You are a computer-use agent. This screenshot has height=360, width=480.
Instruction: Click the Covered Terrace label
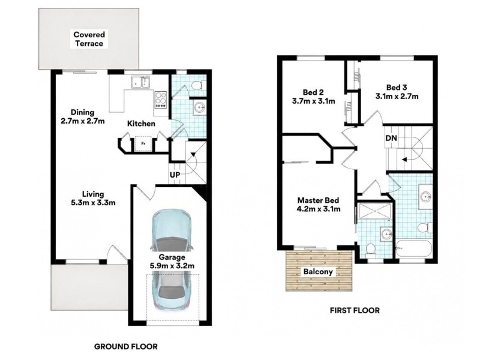(x=89, y=39)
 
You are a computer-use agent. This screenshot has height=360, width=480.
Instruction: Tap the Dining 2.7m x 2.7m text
(x=83, y=116)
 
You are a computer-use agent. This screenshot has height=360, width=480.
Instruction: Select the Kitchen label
(x=141, y=124)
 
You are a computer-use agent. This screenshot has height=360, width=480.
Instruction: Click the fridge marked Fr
(x=143, y=143)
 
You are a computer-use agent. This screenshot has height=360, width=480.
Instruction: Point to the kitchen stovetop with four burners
(x=160, y=100)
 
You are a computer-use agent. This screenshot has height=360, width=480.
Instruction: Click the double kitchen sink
(x=140, y=82)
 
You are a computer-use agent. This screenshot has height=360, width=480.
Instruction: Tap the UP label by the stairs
(x=175, y=175)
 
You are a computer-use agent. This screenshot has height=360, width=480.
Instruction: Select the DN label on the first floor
(x=391, y=138)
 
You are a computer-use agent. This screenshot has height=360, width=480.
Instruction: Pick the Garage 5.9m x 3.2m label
(x=172, y=262)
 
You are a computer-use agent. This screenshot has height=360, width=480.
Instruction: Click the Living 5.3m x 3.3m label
(x=93, y=198)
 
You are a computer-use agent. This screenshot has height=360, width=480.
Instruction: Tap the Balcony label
(x=318, y=272)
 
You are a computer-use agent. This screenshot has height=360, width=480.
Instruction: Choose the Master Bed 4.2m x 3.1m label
(x=319, y=205)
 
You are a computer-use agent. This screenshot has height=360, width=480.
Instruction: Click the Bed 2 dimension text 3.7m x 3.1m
(x=313, y=101)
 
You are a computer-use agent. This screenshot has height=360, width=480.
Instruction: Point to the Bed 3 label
(x=397, y=88)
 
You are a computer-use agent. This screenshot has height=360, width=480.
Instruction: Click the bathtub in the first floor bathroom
(x=413, y=249)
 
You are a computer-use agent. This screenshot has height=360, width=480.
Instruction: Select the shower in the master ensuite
(x=374, y=212)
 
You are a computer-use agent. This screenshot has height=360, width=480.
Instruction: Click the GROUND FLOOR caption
(x=126, y=347)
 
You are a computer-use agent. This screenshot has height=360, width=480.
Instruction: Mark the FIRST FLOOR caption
(x=355, y=310)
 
